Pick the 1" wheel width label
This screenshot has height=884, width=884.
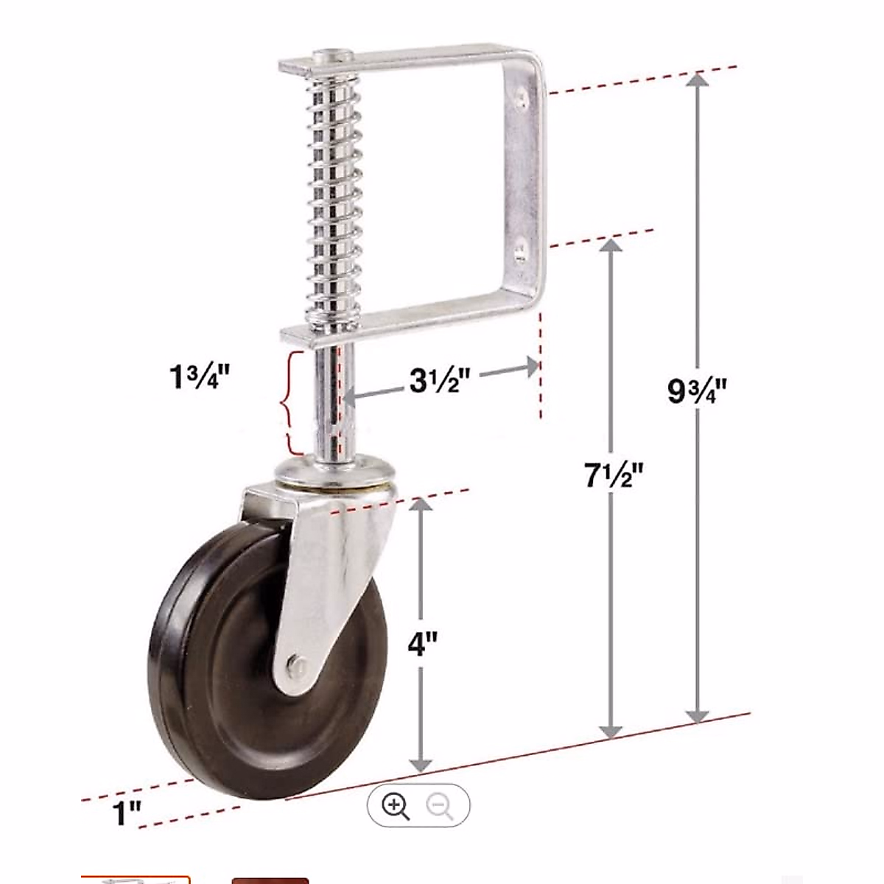(x=127, y=815)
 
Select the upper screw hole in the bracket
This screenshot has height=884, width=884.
(x=522, y=94)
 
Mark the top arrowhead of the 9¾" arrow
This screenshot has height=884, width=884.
(x=697, y=83)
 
